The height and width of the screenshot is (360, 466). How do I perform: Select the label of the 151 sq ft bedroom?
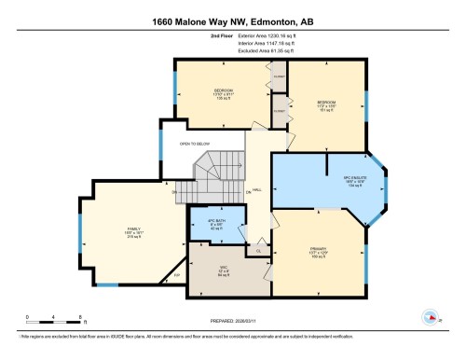[x=325, y=105]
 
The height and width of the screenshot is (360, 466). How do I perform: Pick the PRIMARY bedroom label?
[x=311, y=252]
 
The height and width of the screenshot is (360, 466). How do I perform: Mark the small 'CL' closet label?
[x=258, y=250]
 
